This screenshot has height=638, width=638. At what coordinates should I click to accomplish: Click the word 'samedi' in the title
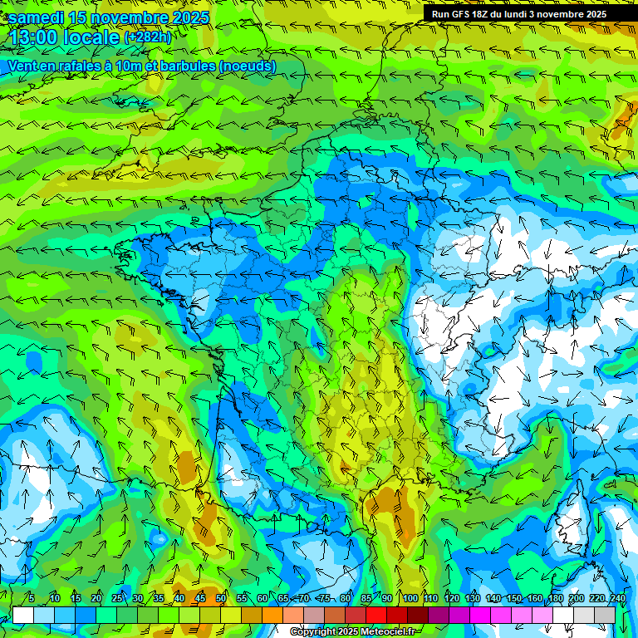pos(37,17)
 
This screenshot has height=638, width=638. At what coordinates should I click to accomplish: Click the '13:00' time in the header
pos(32,37)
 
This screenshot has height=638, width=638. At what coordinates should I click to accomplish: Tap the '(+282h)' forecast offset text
pos(150,37)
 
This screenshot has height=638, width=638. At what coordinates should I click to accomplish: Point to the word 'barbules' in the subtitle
pos(183,66)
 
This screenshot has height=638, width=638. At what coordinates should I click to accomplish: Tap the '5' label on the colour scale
pos(32,599)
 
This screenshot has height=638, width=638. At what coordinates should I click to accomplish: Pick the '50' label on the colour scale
pos(220,599)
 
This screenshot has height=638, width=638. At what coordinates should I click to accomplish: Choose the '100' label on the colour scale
pos(410,599)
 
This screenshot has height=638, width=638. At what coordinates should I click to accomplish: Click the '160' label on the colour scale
pos(533,599)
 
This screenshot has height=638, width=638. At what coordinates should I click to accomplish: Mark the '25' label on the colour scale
pos(116,599)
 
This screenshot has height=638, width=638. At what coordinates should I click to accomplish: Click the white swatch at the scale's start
pos(22,615)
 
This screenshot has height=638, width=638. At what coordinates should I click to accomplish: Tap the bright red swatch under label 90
pos(376,615)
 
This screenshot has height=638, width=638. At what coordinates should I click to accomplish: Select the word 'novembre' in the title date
pos(125,17)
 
